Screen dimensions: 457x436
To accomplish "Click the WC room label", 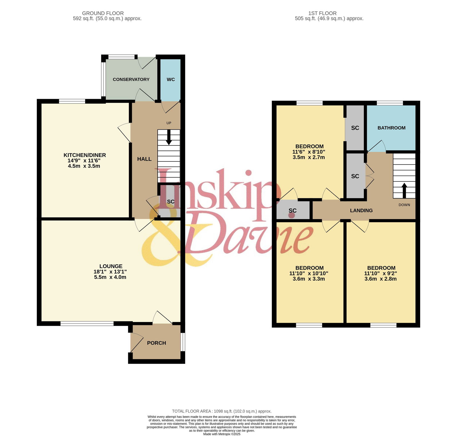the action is coord(171,79).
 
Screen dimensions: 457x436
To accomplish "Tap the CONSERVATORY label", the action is coord(131,79).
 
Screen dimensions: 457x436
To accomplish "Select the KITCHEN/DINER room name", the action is coord(85,155).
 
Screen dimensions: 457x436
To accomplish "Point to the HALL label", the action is coord(144,159).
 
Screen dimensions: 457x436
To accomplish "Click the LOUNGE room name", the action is coord(111,266).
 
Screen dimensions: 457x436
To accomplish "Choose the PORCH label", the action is coord(157,343).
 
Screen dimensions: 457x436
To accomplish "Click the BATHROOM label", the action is coord(392,128).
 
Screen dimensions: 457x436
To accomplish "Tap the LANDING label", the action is coord(361,211).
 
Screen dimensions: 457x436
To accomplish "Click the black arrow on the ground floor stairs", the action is coord(169,137).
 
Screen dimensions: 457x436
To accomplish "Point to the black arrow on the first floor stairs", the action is coord(404,191).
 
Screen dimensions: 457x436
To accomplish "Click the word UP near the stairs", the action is coord(169,123).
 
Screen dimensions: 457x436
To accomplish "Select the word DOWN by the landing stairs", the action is coord(404,205).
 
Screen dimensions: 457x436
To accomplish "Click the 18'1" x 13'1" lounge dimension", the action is coord(110,272).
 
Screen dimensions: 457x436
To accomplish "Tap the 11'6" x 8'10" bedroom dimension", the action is coord(309,152).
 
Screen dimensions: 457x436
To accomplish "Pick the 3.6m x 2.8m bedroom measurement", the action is coord(380,279).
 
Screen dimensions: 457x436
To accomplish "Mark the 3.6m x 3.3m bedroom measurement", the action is coord(309,279).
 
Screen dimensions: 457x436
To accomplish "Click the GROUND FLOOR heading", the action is coord(103,13).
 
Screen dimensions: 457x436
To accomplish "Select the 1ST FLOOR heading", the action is coord(322,13).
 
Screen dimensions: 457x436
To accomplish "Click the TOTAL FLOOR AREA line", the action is coord(222,411).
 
